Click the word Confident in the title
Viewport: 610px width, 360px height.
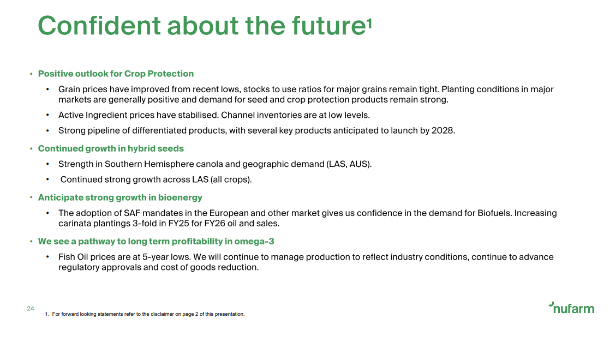coord(99,26)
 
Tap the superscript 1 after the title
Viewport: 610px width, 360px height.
coord(369,24)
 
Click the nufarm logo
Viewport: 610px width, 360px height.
coord(571,308)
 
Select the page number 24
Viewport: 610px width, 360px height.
coord(31,309)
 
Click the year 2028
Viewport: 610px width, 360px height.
coord(442,130)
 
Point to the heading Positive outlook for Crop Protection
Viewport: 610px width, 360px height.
coord(116,74)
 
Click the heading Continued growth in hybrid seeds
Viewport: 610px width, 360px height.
coord(110,148)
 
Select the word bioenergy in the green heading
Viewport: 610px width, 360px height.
coord(180,197)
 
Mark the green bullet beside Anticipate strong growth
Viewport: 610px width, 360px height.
coord(31,197)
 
